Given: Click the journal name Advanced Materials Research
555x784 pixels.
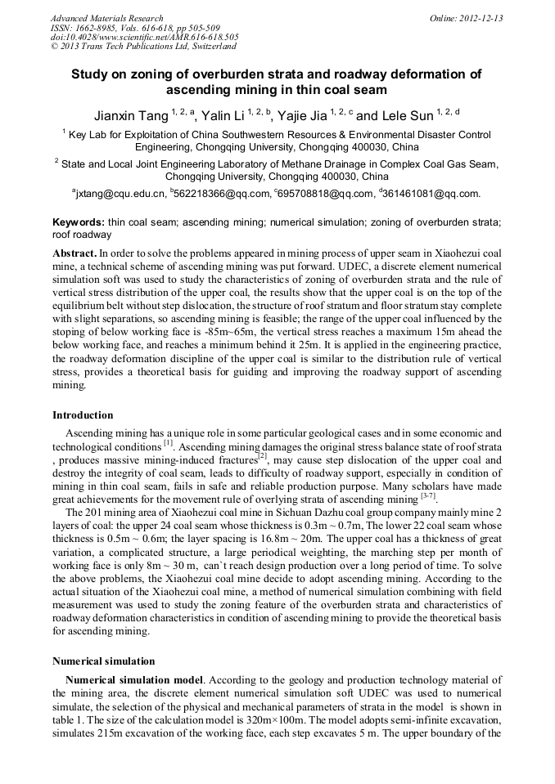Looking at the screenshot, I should (x=106, y=18).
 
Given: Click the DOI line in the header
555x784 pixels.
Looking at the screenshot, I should (x=145, y=37).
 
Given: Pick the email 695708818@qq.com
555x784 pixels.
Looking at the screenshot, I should (x=325, y=194).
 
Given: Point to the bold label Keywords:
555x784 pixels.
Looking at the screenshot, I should (x=79, y=222).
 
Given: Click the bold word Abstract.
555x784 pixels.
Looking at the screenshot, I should (x=74, y=253).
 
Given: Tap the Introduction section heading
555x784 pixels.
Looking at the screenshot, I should (x=83, y=415).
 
